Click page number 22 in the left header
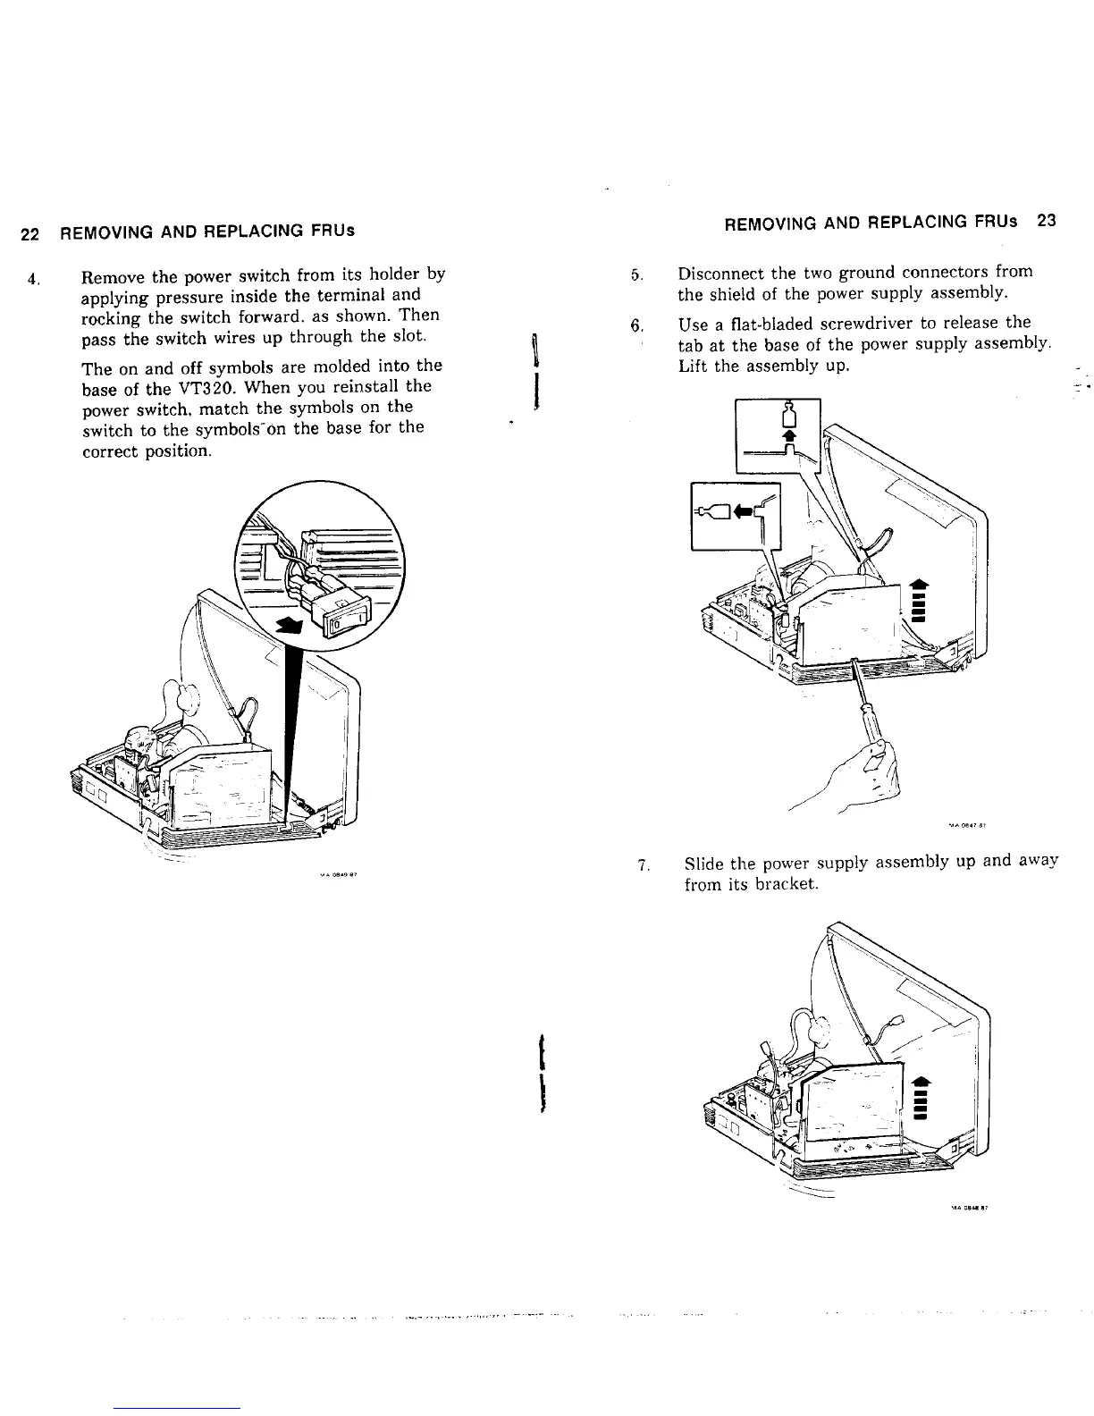[x=29, y=234]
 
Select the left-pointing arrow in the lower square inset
[x=742, y=512]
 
